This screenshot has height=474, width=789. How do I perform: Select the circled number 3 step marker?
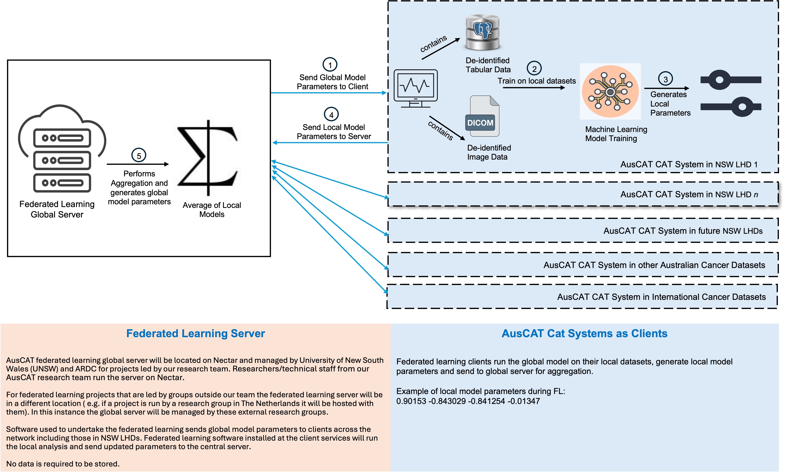(x=665, y=79)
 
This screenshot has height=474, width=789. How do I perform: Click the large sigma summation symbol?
(x=208, y=158)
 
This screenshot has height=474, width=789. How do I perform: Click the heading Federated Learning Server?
(x=195, y=333)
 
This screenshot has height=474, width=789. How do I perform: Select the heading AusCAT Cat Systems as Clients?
(x=584, y=333)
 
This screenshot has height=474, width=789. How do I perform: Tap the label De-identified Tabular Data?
(x=488, y=65)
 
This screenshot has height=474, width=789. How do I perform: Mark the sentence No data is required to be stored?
(x=63, y=464)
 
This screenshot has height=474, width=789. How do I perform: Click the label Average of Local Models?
(x=212, y=210)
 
